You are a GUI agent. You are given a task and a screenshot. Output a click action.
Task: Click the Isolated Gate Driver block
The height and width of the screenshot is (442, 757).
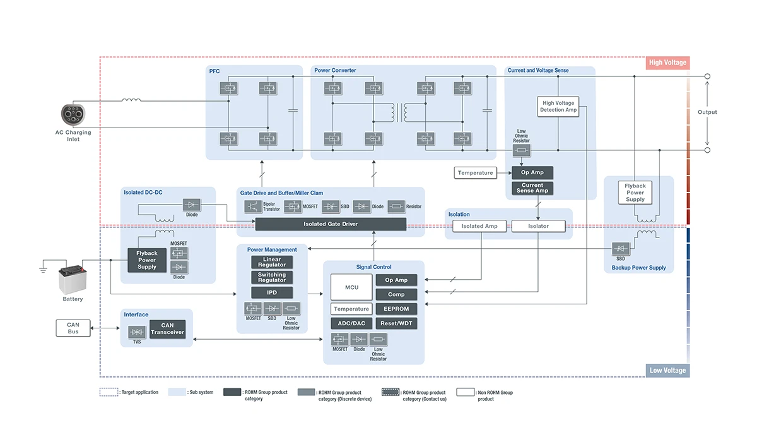(x=331, y=224)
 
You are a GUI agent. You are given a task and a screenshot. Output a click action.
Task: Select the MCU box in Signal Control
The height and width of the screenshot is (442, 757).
(x=351, y=287)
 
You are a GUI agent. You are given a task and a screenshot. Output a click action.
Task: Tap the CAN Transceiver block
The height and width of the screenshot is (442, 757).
(x=167, y=329)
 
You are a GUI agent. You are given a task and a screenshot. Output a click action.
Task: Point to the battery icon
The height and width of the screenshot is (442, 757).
(x=72, y=280)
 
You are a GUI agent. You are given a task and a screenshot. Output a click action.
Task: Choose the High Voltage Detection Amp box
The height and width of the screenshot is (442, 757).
(x=558, y=106)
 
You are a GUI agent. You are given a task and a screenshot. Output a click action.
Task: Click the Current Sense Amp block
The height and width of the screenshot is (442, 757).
(x=532, y=188)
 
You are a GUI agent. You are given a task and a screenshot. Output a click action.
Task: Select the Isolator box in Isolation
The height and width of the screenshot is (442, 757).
(x=538, y=226)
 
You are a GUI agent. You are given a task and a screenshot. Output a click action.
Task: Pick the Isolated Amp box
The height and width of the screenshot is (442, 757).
(x=479, y=226)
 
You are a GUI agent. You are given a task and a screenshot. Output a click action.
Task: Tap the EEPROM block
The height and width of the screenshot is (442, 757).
(x=396, y=309)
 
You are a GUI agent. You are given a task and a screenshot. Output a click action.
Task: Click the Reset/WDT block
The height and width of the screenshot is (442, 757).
(x=396, y=323)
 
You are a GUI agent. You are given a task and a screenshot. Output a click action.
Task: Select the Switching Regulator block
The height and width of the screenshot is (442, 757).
(x=272, y=277)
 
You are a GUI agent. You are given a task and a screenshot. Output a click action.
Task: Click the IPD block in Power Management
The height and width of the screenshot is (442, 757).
(x=272, y=292)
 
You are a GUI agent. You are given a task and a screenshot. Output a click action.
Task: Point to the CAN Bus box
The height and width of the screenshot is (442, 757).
(x=73, y=328)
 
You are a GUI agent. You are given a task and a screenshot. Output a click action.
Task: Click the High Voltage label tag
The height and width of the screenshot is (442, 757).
(x=667, y=63)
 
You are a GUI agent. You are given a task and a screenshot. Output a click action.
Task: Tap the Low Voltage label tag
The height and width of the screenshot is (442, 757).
(x=667, y=371)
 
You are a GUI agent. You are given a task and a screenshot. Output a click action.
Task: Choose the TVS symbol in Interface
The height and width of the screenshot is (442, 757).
(x=137, y=331)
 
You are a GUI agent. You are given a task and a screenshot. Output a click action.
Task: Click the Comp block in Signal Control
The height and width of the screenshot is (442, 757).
(x=396, y=294)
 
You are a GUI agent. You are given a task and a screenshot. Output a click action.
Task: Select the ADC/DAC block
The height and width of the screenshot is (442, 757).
(x=351, y=323)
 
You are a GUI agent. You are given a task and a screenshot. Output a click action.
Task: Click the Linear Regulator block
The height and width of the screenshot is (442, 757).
(x=272, y=262)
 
